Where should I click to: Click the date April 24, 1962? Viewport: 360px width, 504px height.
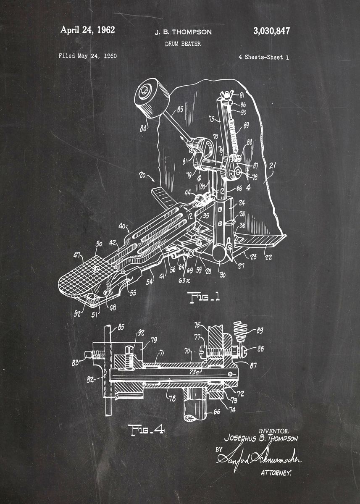(x=87, y=30)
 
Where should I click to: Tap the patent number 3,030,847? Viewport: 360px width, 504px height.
(x=271, y=31)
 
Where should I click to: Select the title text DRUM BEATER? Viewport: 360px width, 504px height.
(x=183, y=43)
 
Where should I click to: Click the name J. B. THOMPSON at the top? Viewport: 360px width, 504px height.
(x=183, y=32)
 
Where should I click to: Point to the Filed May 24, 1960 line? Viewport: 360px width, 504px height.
(x=88, y=56)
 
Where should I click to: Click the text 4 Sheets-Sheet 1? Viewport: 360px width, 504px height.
(x=263, y=58)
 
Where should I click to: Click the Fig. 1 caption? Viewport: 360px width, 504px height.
(x=205, y=297)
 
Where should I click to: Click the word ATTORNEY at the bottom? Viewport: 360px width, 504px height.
(x=276, y=473)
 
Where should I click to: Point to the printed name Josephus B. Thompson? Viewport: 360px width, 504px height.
(x=261, y=438)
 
